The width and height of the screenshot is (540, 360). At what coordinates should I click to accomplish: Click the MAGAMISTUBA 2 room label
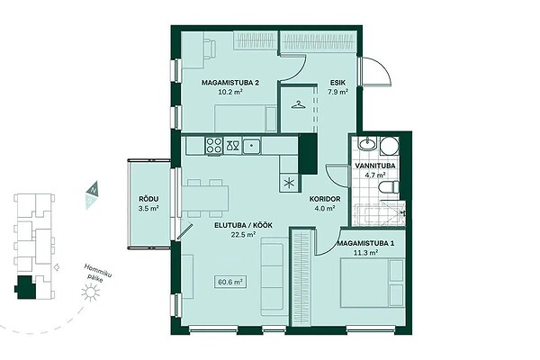[230, 83]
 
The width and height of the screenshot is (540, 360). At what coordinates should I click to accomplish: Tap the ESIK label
[337, 83]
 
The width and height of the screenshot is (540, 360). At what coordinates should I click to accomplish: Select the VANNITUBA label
[375, 166]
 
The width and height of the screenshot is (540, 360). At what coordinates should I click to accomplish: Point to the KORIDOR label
[325, 199]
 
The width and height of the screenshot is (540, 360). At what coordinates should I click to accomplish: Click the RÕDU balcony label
[148, 199]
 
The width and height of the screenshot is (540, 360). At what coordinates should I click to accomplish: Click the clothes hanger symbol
[299, 104]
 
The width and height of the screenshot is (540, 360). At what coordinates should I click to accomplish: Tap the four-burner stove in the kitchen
[214, 145]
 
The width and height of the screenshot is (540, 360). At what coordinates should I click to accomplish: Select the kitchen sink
[252, 146]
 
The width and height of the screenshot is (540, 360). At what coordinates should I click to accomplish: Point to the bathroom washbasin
[368, 143]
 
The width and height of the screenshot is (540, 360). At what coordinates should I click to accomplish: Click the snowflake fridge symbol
[289, 183]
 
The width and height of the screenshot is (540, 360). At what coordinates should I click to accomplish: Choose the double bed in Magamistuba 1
[373, 283]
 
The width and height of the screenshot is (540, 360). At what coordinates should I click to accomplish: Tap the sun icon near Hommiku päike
[90, 292]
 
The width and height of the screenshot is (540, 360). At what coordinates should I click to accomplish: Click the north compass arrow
[93, 189]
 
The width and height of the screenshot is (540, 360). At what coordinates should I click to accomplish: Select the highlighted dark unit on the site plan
[25, 287]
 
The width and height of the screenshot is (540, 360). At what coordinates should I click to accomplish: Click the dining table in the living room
[205, 198]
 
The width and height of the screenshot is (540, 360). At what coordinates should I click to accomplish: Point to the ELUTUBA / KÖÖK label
[244, 225]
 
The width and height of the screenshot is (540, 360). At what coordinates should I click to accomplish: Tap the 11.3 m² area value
[365, 253]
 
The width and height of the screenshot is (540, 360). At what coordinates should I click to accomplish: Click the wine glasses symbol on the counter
[232, 146]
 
